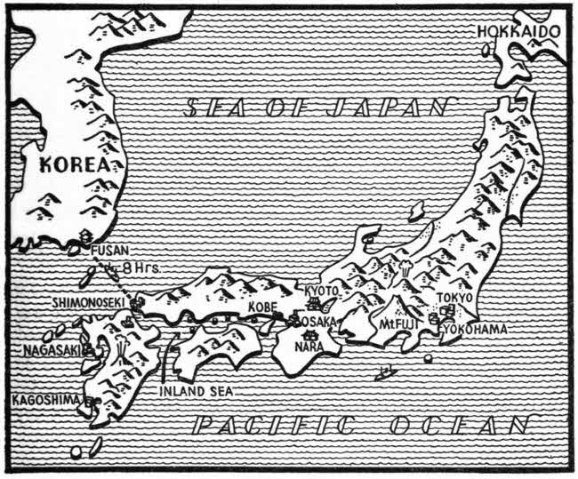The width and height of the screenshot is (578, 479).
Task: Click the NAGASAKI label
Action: point(47,349)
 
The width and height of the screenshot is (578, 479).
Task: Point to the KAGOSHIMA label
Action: point(46,401)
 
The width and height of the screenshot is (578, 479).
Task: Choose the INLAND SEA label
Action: point(196,389)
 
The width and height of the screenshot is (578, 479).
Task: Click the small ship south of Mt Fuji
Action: point(384,372)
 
